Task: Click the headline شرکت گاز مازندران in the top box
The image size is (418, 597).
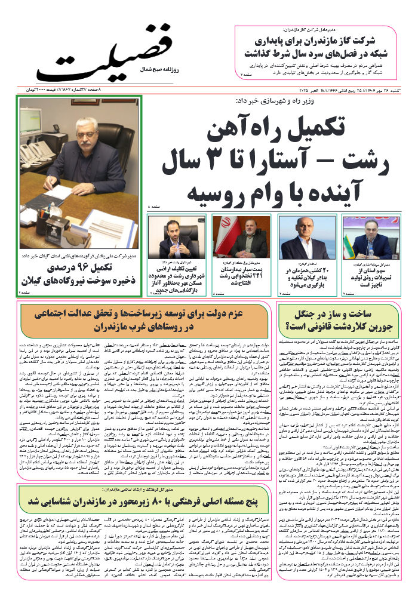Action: (322, 48)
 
